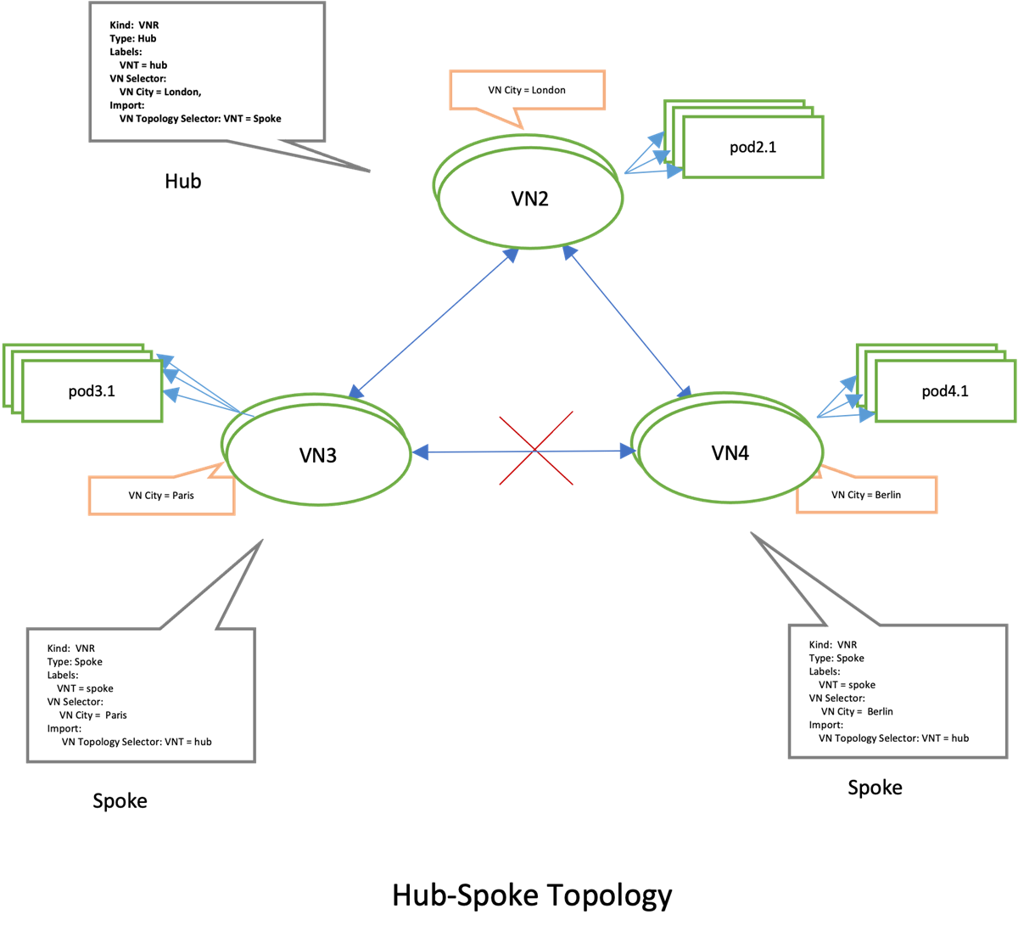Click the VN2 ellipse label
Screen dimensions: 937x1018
coord(529,199)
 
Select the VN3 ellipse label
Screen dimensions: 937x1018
coord(318,456)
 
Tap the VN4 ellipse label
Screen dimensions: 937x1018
coord(730,453)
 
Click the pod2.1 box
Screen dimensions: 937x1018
coord(752,148)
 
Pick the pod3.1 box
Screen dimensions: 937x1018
coord(92,391)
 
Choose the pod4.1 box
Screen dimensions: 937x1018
coord(944,391)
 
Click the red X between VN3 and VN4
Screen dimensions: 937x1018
coord(535,449)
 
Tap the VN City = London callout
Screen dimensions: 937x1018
coord(527,90)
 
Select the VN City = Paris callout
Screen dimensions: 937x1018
coord(161,496)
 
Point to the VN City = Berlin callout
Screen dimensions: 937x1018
coord(866,495)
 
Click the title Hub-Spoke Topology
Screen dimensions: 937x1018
coord(532,895)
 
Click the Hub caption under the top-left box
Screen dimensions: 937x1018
coord(182,181)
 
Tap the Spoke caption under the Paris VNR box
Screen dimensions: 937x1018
coord(120,801)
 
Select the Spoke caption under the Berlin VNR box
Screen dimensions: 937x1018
coord(875,788)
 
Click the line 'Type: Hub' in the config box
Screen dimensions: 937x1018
coord(133,38)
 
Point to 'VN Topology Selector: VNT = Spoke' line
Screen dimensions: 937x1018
coord(200,119)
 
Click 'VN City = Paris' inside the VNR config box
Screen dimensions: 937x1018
coord(92,715)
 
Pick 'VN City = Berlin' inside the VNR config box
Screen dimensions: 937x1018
coord(856,711)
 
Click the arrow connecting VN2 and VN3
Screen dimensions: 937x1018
coord(433,323)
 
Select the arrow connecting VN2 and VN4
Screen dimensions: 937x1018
coord(627,322)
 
